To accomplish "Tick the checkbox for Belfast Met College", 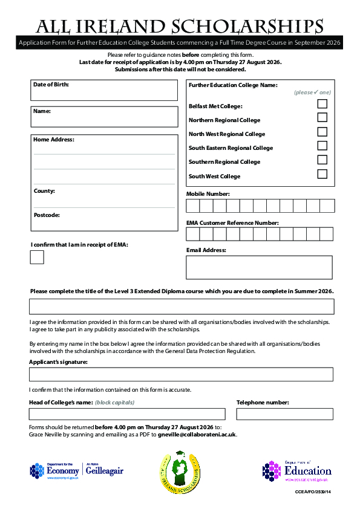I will pos(322,103).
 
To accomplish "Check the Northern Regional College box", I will pos(322,117).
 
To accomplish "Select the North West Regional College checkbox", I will pos(322,132).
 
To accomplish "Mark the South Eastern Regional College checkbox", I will pos(322,146).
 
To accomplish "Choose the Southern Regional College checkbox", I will pos(322,160).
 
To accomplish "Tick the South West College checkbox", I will pos(322,174).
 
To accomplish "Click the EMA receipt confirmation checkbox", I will pos(37,257).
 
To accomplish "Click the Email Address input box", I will pos(259,267).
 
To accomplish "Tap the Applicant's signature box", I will pos(181,374).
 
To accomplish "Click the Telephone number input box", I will pos(284,414).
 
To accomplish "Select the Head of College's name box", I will pos(127,414).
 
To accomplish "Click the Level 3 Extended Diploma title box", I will pos(181,306).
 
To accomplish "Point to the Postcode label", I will pos(47,215).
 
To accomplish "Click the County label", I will pos(44,191).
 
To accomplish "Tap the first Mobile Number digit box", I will pos(193,206).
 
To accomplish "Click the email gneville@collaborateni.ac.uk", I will pos(197,434).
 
